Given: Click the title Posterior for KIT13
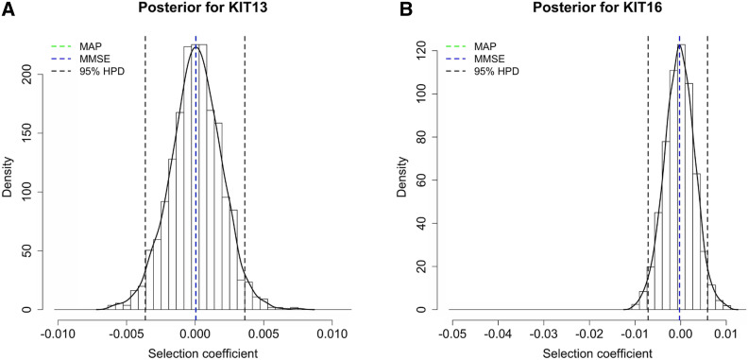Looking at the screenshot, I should [x=195, y=10].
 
